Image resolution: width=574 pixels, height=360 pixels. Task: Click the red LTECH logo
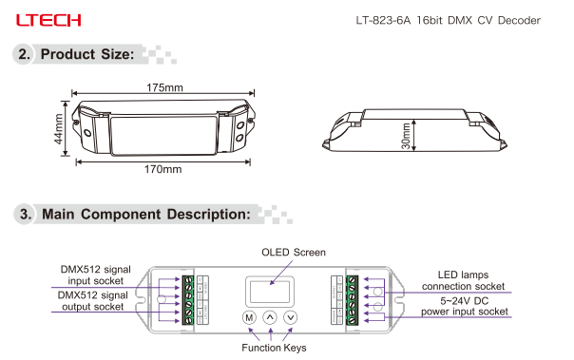point(48,20)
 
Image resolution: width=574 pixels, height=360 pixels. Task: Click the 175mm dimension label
point(164,87)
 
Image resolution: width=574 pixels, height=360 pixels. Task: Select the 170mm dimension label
point(163,169)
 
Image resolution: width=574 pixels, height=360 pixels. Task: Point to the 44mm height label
point(59,129)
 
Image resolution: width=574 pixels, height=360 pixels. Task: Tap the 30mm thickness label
point(406,136)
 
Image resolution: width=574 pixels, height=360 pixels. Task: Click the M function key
point(249,317)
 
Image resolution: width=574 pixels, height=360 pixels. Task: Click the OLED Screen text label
point(294,253)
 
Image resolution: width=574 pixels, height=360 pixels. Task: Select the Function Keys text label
point(274,348)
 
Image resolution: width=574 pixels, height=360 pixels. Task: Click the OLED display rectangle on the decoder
point(270,292)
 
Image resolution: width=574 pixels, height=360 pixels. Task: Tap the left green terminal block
point(188,300)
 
